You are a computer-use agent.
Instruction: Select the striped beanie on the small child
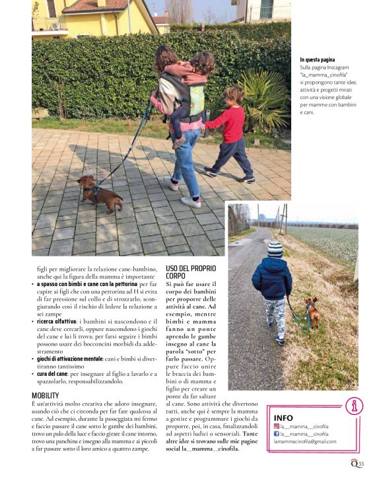tap(275, 248)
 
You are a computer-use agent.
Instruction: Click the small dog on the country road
tap(312, 312)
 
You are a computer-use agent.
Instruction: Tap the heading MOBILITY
tap(46, 395)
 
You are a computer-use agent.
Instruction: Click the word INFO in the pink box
tap(283, 418)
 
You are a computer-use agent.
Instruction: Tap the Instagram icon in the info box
tap(277, 426)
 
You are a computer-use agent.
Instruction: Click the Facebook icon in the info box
tap(277, 433)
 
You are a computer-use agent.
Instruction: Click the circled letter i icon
tap(354, 405)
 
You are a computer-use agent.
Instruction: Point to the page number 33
tap(361, 464)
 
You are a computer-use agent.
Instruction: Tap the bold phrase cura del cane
tap(57, 373)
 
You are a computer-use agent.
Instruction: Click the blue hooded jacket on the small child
tap(271, 277)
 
